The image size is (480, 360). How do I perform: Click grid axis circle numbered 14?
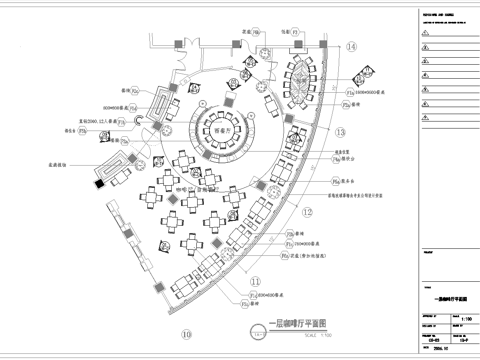pyautogui.click(x=352, y=46)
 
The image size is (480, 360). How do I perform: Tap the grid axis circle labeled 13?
pyautogui.click(x=339, y=132)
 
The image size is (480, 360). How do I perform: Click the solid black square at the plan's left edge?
pyautogui.click(x=98, y=183)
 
